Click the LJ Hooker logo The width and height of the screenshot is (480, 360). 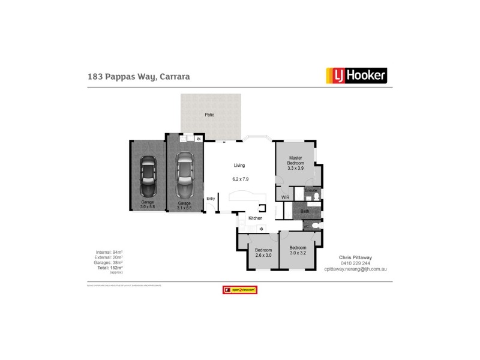tap(356, 76)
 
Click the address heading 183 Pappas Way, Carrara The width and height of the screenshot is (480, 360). tap(139, 77)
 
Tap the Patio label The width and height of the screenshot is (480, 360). tap(209, 115)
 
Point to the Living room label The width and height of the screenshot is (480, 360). tap(239, 166)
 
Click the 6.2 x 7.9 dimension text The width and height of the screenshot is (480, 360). tap(240, 179)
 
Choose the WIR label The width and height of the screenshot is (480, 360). tap(285, 197)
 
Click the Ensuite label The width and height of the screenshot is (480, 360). tap(310, 190)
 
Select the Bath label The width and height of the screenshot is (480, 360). tap(305, 211)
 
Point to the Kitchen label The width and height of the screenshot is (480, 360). tap(255, 218)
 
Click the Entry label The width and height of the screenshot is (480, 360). tap(211, 199)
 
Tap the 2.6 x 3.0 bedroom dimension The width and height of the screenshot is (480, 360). tap(263, 256)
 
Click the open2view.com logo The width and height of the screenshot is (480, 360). tap(239, 290)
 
